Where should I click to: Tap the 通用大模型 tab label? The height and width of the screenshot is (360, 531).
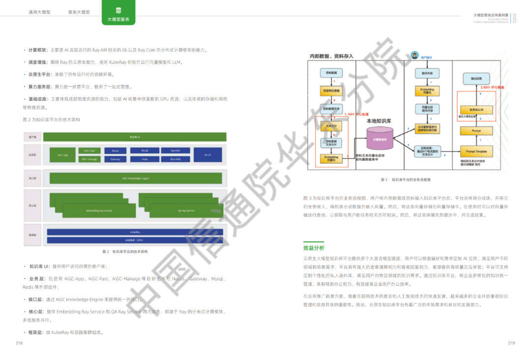pos(39,12)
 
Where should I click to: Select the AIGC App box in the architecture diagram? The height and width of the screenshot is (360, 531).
pos(63,155)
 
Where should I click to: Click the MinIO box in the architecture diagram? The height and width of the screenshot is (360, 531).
pos(207,155)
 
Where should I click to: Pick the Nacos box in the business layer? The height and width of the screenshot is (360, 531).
pos(115,150)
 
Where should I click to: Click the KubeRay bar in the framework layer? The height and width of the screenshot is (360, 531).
pos(135,231)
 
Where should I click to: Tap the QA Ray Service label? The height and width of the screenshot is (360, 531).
pos(186,210)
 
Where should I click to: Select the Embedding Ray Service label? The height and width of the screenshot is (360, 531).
pos(99,210)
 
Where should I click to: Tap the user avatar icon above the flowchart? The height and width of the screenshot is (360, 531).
pos(414,55)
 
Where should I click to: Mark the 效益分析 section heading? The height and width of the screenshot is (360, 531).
pos(314,248)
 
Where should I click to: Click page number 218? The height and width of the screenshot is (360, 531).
pos(20,343)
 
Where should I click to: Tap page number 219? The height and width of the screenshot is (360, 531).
pos(511,343)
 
